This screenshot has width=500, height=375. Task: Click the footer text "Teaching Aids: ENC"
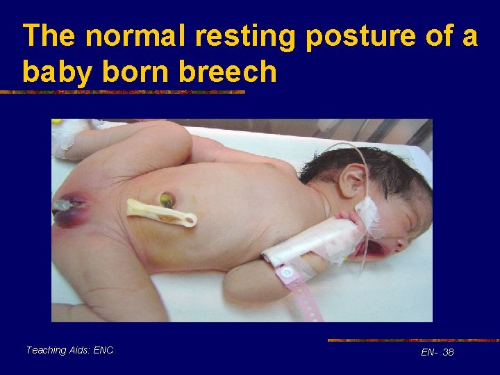(69, 351)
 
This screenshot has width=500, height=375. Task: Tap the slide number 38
(448, 353)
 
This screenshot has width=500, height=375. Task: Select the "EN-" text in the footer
(429, 353)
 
